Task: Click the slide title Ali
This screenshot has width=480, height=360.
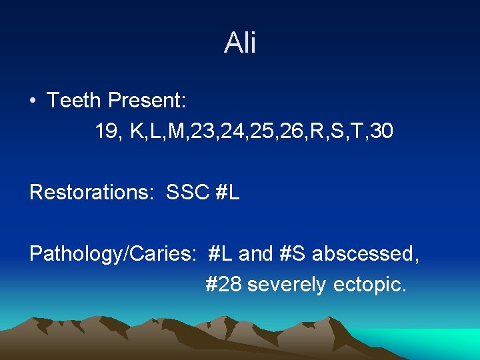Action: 240,43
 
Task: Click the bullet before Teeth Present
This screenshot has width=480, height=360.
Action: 33,101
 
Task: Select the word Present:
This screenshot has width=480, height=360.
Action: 147,101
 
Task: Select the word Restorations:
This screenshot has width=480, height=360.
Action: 93,193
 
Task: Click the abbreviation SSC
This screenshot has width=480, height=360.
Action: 188,193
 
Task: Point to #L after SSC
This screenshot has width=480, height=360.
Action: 228,193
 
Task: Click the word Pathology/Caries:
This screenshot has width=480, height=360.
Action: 113,254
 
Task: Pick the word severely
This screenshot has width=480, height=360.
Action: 287,285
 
